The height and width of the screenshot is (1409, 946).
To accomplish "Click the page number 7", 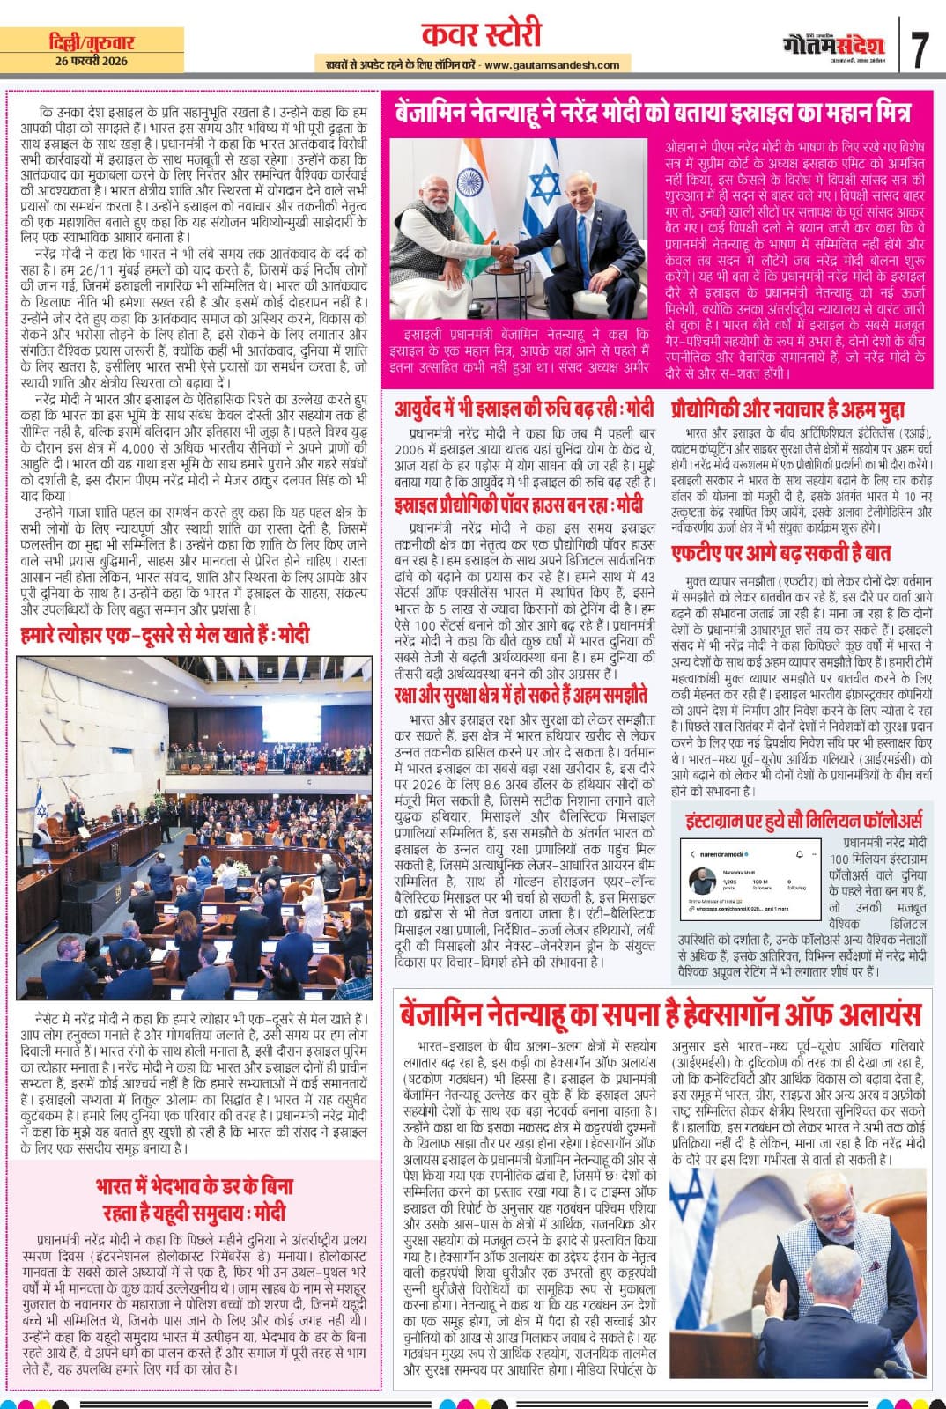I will pos(920,49).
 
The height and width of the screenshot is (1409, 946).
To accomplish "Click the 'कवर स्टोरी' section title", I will pos(481,35).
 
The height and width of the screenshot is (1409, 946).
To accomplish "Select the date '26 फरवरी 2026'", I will pos(92,61).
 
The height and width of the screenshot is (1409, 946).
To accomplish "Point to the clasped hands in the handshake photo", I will pos(504,253).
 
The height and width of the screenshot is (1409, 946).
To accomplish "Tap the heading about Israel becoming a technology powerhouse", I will pos(519,505).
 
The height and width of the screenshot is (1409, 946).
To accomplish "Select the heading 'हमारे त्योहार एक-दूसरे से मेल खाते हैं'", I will pos(165,635).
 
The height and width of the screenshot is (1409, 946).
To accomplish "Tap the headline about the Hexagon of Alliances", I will pos(661,1014).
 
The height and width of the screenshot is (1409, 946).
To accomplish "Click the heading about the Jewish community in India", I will pos(194,1199).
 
